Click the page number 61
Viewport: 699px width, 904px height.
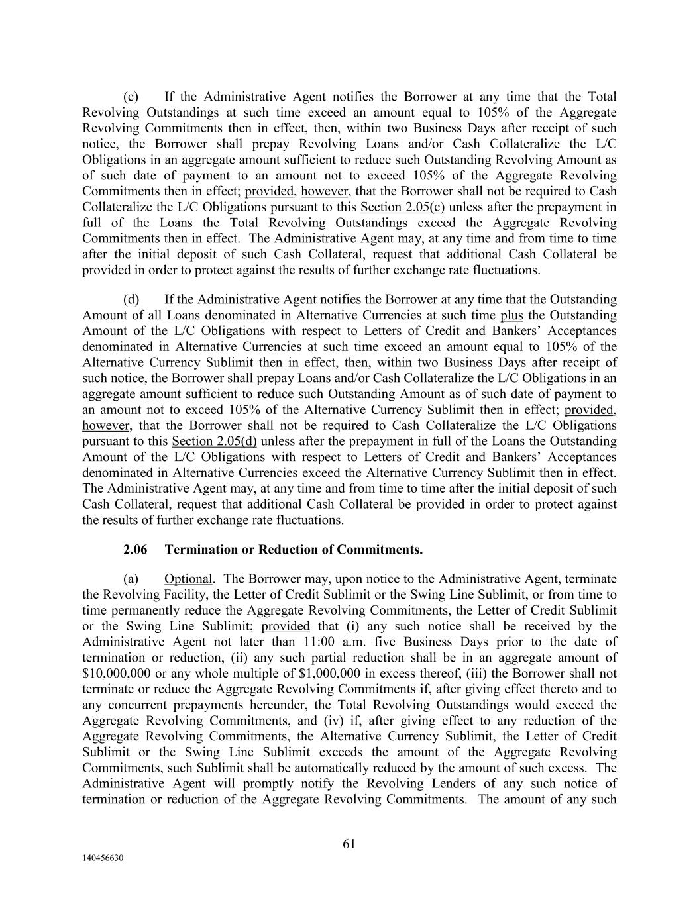(349, 843)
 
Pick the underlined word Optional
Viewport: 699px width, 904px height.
(188, 579)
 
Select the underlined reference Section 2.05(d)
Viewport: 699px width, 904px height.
(214, 441)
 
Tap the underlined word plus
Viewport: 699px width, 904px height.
(511, 315)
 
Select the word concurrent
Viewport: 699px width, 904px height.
(135, 705)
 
